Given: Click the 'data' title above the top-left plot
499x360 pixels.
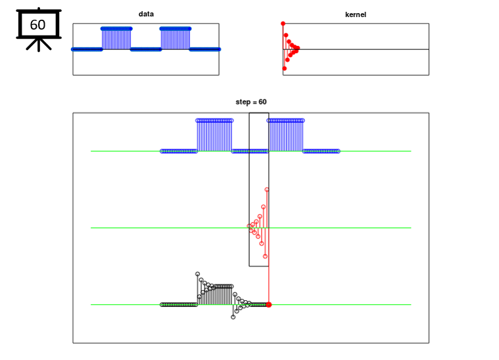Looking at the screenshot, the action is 146,14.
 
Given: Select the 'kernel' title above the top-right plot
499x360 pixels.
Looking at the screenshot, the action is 356,14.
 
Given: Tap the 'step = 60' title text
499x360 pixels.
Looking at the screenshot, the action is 251,102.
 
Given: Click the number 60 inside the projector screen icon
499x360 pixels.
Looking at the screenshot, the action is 37,25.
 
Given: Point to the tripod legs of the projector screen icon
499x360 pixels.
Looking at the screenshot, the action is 39,45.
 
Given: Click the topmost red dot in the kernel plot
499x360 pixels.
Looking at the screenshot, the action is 283,24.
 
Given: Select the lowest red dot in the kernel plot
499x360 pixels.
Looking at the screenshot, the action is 285,68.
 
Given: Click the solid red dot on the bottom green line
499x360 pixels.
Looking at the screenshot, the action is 269,305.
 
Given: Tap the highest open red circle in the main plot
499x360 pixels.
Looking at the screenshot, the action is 267,190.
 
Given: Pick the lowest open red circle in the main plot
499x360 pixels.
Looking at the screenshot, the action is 265,256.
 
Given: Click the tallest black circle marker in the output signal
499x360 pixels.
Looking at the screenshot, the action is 198,274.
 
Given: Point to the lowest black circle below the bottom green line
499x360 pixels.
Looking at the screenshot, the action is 233,317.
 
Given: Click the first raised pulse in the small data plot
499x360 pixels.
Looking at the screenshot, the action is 116,38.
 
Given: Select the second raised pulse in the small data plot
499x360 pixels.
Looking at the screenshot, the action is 176,38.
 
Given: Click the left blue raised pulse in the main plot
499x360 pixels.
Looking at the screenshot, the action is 214,135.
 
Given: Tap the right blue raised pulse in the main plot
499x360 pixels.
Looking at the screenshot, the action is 286,135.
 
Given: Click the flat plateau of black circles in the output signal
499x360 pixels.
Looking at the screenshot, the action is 224,286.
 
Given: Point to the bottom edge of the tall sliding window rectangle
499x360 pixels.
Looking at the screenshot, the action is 259,266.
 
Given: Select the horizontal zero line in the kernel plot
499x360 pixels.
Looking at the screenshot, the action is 356,49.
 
